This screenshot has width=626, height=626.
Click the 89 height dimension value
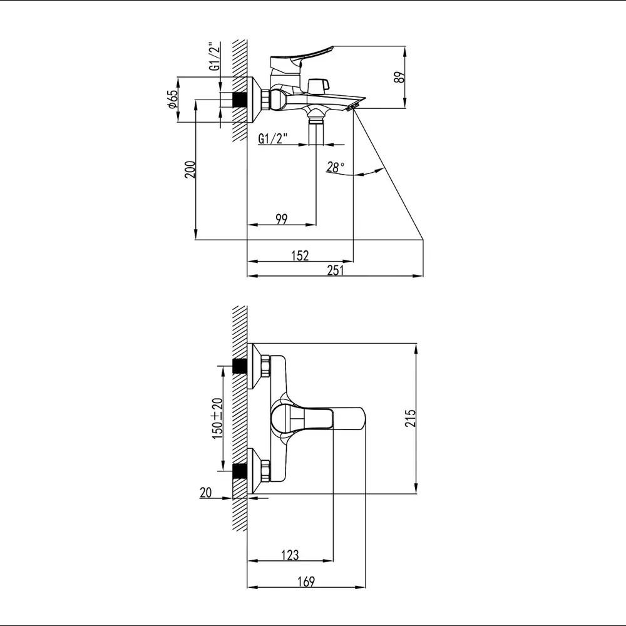399,77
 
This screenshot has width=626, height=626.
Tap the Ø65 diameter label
173,99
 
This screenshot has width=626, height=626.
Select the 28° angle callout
335,167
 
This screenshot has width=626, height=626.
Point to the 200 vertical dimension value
190,169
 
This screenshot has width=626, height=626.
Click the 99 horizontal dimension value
282,218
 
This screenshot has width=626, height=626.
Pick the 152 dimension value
300,255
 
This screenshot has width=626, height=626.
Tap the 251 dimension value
336,270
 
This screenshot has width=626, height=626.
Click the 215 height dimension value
411,418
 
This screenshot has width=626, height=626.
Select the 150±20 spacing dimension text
217,418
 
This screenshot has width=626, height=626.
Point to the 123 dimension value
290,555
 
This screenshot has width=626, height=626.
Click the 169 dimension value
306,582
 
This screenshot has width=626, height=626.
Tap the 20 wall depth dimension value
205,493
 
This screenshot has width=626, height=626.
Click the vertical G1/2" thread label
215,56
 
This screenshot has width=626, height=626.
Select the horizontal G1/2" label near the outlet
273,138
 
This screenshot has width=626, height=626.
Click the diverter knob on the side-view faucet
319,85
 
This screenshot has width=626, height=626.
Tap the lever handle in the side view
302,58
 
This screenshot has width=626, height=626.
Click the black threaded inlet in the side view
240,100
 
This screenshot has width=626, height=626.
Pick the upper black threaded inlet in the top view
240,366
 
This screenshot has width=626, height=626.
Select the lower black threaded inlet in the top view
240,471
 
